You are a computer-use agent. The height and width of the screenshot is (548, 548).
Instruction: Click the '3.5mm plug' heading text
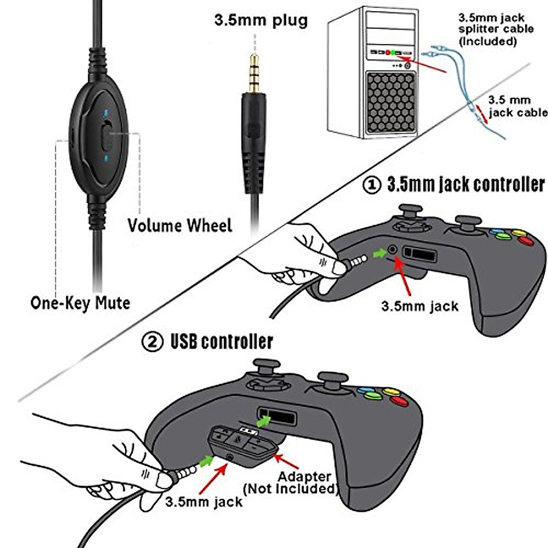tap(261, 21)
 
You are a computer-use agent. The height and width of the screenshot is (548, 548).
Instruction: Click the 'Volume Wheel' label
tap(180, 226)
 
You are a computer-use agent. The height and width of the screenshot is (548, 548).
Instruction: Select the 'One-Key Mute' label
tap(80, 303)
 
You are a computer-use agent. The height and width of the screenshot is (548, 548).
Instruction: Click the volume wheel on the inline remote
tap(106, 134)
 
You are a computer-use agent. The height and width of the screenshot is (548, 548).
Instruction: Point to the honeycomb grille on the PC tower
tap(391, 103)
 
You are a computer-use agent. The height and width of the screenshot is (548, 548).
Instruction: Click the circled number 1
tap(372, 185)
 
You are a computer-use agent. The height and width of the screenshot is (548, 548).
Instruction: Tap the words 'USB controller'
tap(221, 342)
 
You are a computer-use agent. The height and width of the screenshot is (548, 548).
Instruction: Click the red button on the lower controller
tap(399, 401)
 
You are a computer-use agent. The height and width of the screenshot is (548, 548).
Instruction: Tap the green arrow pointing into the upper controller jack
tap(379, 253)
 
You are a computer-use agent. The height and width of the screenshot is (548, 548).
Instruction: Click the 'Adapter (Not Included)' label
tap(292, 483)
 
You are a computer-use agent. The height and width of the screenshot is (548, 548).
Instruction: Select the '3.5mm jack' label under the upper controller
tap(420, 306)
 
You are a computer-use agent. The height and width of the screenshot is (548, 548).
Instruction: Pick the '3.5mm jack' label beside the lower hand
tap(204, 502)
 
